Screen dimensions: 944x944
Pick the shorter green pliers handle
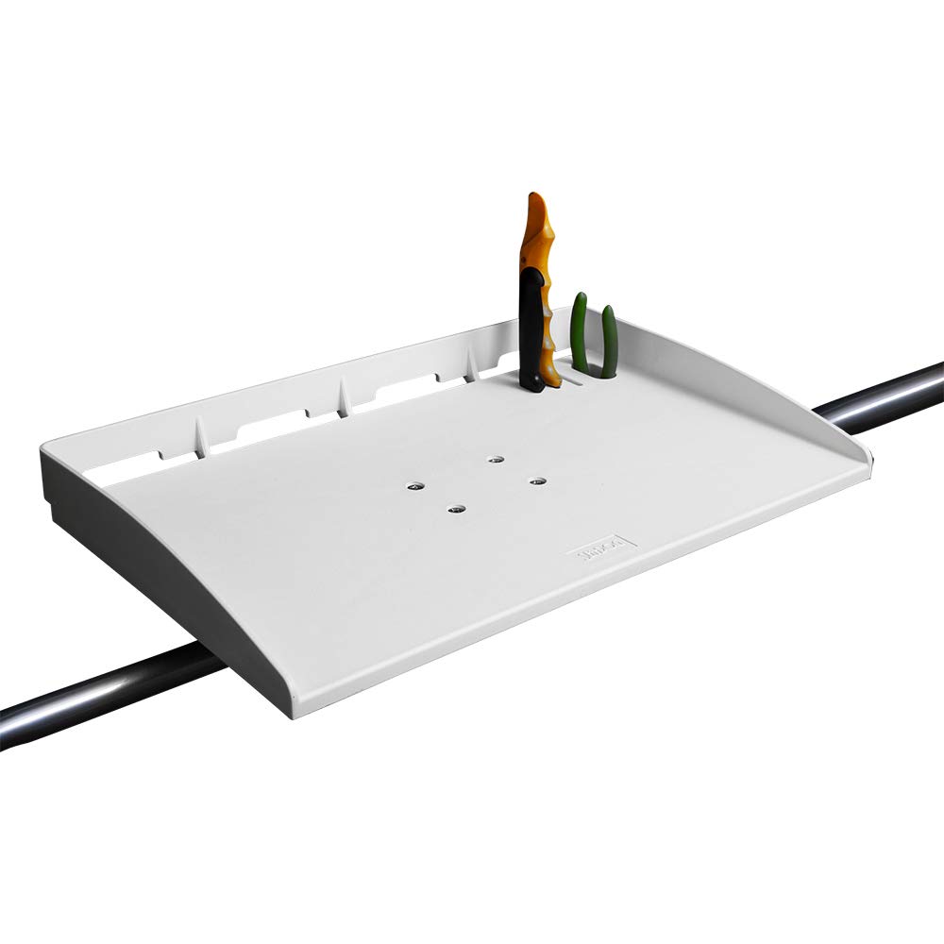(609, 340)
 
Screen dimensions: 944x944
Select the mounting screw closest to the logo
(537, 482)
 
